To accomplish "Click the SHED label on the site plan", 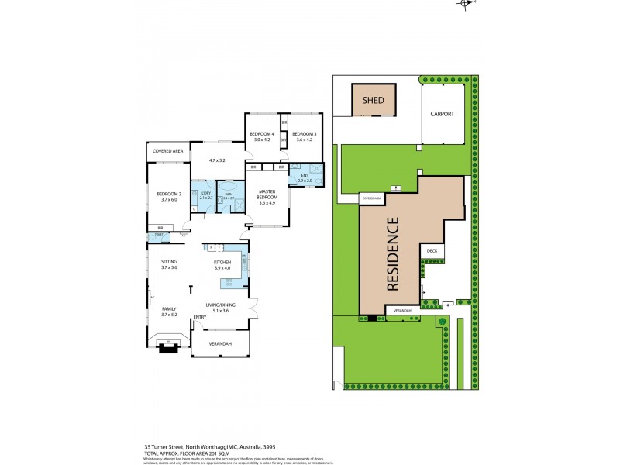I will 374,101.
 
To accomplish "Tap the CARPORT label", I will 442,113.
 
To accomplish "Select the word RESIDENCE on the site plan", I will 392,255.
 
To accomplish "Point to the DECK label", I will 432,251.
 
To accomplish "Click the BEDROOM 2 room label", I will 168,194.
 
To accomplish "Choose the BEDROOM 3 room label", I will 305,135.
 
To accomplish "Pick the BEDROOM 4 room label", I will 261,135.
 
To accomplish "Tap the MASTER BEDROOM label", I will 267,195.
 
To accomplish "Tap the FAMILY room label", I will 169,308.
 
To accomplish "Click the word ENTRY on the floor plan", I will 200,317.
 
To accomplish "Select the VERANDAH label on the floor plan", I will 221,343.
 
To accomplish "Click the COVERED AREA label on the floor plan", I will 167,150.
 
